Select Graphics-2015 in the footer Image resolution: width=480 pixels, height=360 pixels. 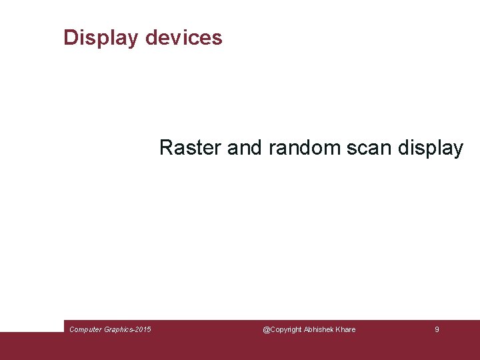click(128, 329)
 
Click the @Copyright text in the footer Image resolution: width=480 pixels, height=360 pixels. click(283, 329)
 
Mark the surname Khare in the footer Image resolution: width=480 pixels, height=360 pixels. click(346, 329)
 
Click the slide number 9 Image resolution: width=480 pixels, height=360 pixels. click(437, 329)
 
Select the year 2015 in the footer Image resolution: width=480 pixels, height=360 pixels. click(143, 329)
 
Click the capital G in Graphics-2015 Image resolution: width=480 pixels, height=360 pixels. click(108, 329)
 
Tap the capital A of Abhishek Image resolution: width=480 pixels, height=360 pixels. click(307, 329)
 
